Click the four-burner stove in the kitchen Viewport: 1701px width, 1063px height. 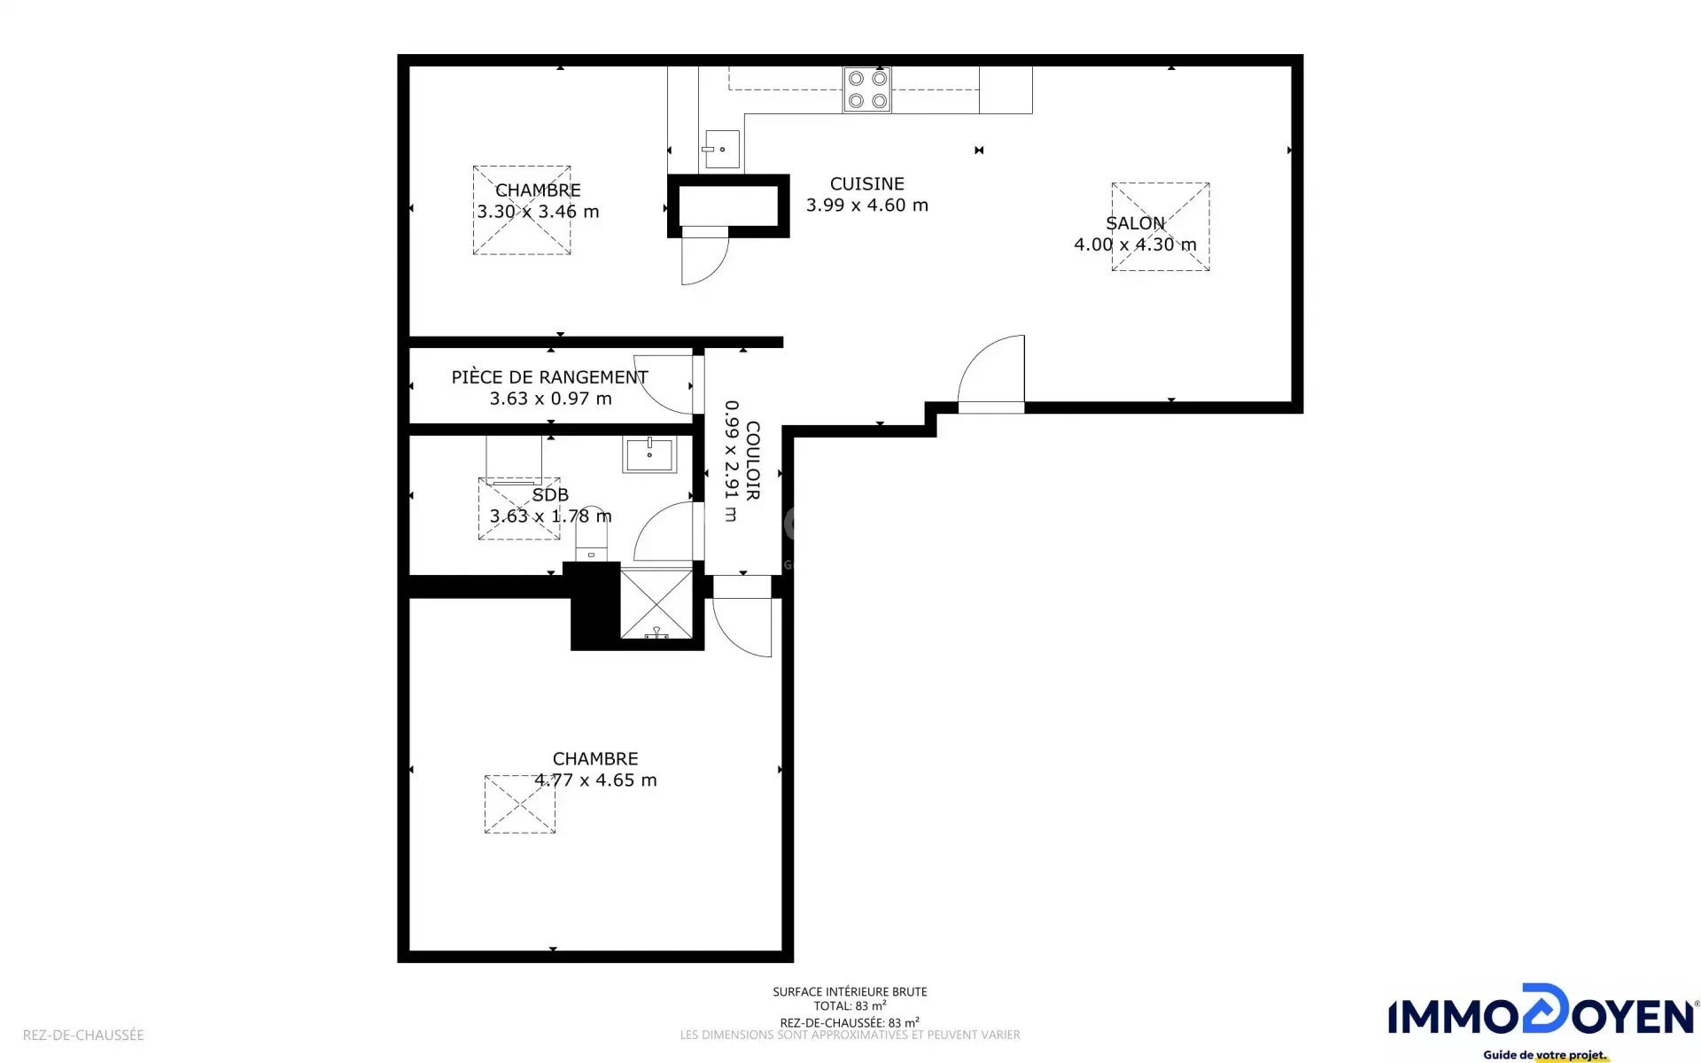click(866, 89)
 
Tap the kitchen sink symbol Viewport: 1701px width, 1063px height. click(722, 149)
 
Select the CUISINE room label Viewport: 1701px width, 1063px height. click(866, 183)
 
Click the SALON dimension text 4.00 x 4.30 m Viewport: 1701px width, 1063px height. click(1135, 244)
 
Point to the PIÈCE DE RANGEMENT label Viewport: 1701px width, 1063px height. click(549, 377)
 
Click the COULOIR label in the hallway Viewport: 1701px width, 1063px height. click(753, 460)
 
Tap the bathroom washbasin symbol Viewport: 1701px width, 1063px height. click(649, 454)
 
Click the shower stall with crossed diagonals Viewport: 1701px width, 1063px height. click(656, 604)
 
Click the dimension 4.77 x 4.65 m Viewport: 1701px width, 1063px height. click(595, 780)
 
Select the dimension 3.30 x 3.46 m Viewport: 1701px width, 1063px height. click(538, 212)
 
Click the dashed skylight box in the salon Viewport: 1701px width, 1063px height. click(1161, 227)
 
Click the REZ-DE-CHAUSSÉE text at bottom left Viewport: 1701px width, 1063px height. click(83, 1035)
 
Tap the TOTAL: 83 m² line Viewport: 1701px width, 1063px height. click(850, 1006)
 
